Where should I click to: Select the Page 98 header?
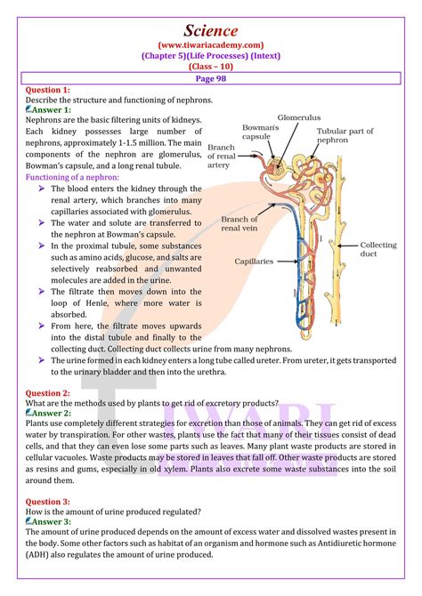pyautogui.click(x=211, y=78)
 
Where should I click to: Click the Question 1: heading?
pyautogui.click(x=47, y=90)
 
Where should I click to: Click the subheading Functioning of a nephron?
pyautogui.click(x=74, y=177)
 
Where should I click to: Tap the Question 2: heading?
pyautogui.click(x=47, y=392)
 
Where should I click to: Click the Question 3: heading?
pyautogui.click(x=47, y=501)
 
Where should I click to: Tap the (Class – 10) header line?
pyautogui.click(x=211, y=66)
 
